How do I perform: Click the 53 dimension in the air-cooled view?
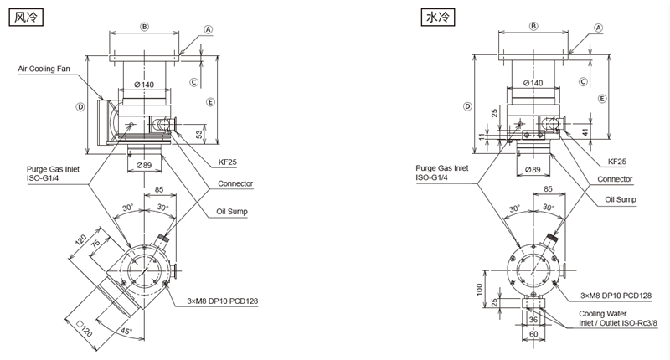click(x=198, y=134)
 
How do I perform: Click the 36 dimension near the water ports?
click(x=533, y=319)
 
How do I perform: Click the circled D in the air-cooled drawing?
click(x=80, y=106)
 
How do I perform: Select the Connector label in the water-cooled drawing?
click(x=614, y=180)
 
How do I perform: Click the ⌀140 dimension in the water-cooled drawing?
click(x=533, y=83)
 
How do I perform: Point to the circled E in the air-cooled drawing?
click(x=210, y=101)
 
